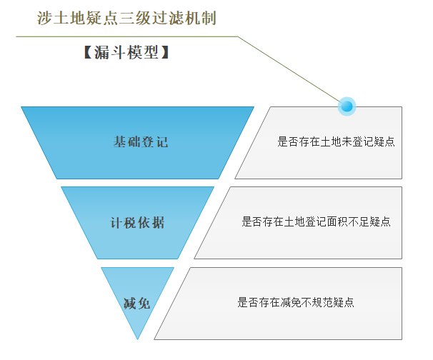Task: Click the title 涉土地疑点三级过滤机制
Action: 126,17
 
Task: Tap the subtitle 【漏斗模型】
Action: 126,53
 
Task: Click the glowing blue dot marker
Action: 347,106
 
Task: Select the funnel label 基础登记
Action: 141,141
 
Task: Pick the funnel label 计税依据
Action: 137,222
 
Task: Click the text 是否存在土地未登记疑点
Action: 336,141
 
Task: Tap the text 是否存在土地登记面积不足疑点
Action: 316,221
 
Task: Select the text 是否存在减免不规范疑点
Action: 296,302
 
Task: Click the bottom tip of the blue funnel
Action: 137,338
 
